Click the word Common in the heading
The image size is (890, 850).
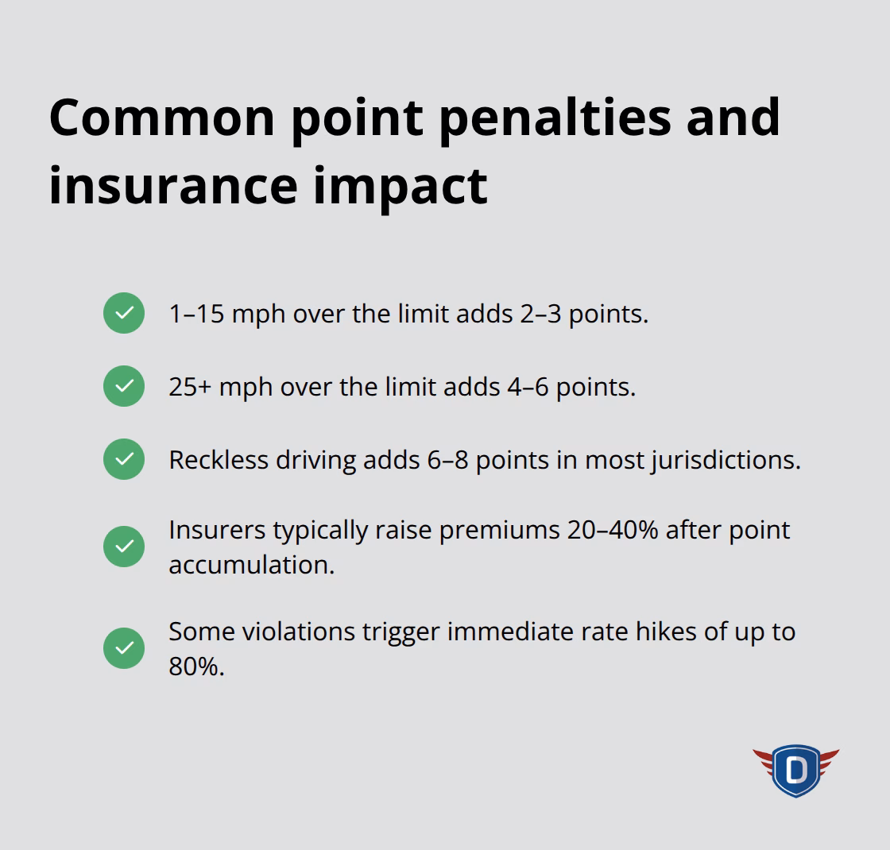(x=161, y=118)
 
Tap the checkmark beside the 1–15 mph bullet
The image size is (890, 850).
(x=124, y=313)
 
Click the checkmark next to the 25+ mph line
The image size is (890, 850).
(x=124, y=386)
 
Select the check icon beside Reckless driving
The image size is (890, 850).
(x=124, y=459)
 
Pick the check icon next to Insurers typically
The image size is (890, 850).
(x=124, y=547)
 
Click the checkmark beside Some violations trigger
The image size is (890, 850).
(x=124, y=648)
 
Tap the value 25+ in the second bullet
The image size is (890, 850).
(x=189, y=387)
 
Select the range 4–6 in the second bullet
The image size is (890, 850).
(x=528, y=387)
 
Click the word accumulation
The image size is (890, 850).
(x=251, y=565)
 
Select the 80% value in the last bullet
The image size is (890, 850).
(x=196, y=666)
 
